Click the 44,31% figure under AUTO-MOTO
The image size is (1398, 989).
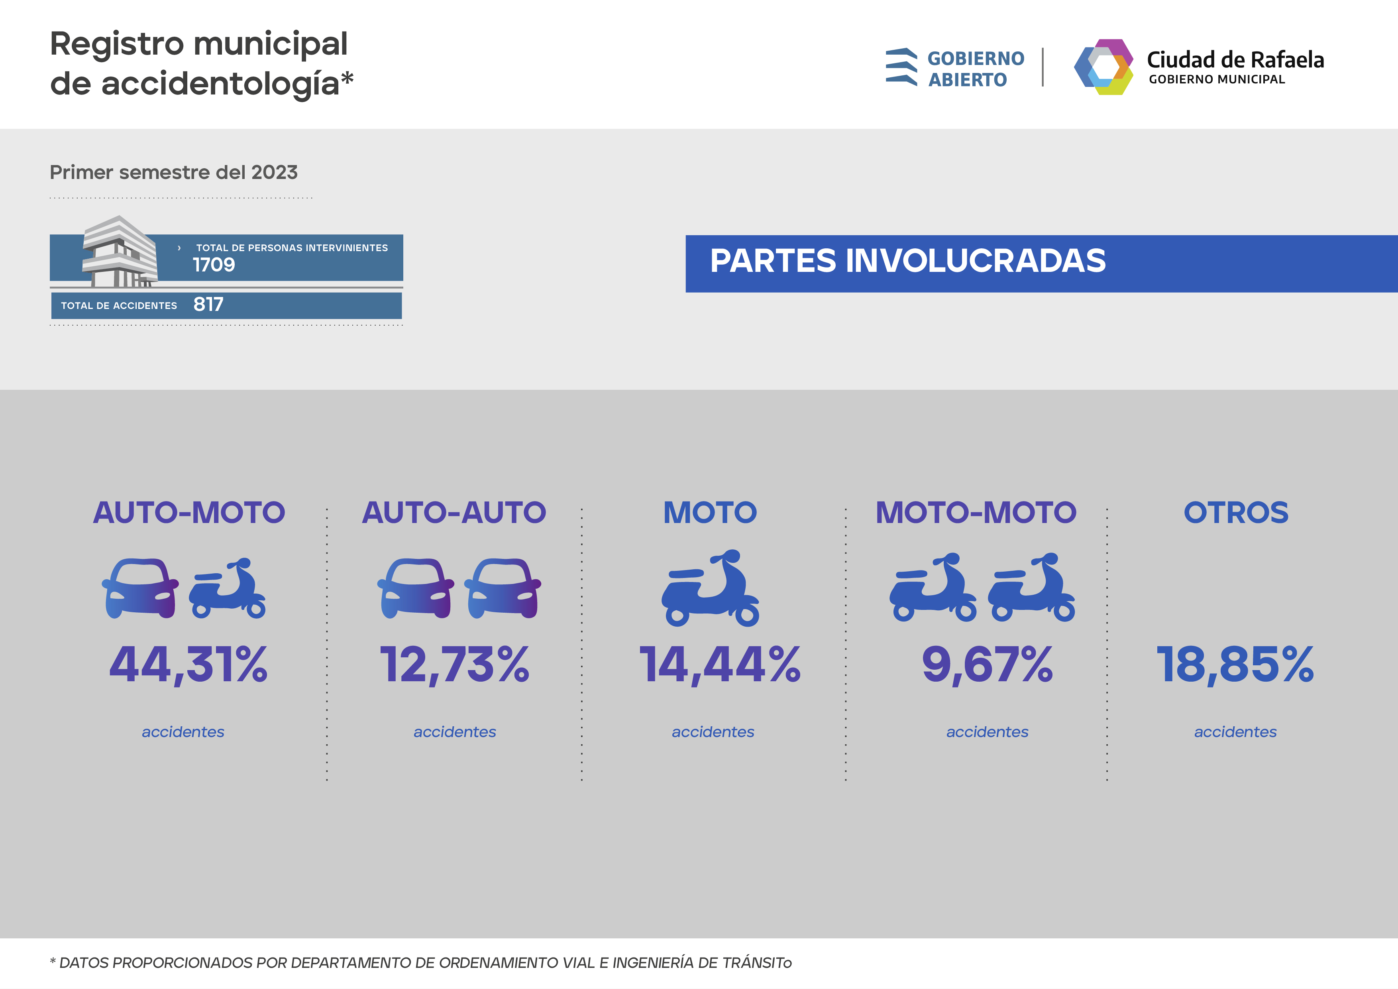188,665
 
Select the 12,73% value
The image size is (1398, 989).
454,665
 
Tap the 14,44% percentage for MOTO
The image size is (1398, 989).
720,665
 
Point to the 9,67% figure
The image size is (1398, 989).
987,665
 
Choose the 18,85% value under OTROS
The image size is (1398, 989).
1235,665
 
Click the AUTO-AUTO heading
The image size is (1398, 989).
454,512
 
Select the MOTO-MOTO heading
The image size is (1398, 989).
976,512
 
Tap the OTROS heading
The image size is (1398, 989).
1236,512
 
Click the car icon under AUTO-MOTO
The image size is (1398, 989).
140,588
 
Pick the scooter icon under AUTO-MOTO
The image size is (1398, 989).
228,588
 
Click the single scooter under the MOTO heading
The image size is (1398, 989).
711,588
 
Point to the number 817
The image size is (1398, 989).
208,305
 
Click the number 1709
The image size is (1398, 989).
214,265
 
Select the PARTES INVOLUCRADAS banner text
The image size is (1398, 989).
907,261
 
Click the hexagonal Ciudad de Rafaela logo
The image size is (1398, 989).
1103,67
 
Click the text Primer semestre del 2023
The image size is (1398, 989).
173,172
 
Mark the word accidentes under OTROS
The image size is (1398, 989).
1235,731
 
